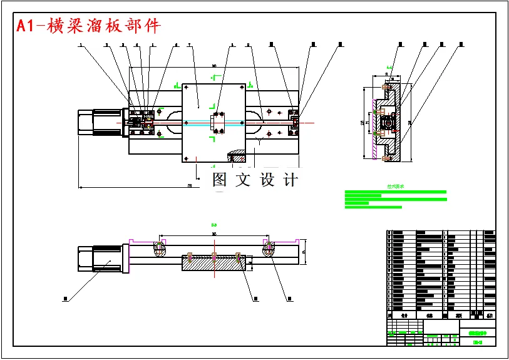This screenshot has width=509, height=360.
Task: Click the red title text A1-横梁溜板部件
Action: tap(88, 25)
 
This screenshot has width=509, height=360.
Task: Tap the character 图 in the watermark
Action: tap(219, 180)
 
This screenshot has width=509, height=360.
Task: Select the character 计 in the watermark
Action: tap(290, 180)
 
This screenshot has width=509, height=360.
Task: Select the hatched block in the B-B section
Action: tap(213, 262)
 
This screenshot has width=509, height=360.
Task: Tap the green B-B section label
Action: tap(213, 224)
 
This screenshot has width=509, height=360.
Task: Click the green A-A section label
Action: tap(389, 66)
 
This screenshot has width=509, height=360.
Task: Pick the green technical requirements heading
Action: tap(396, 186)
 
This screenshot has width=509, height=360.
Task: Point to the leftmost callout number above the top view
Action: tap(81, 45)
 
